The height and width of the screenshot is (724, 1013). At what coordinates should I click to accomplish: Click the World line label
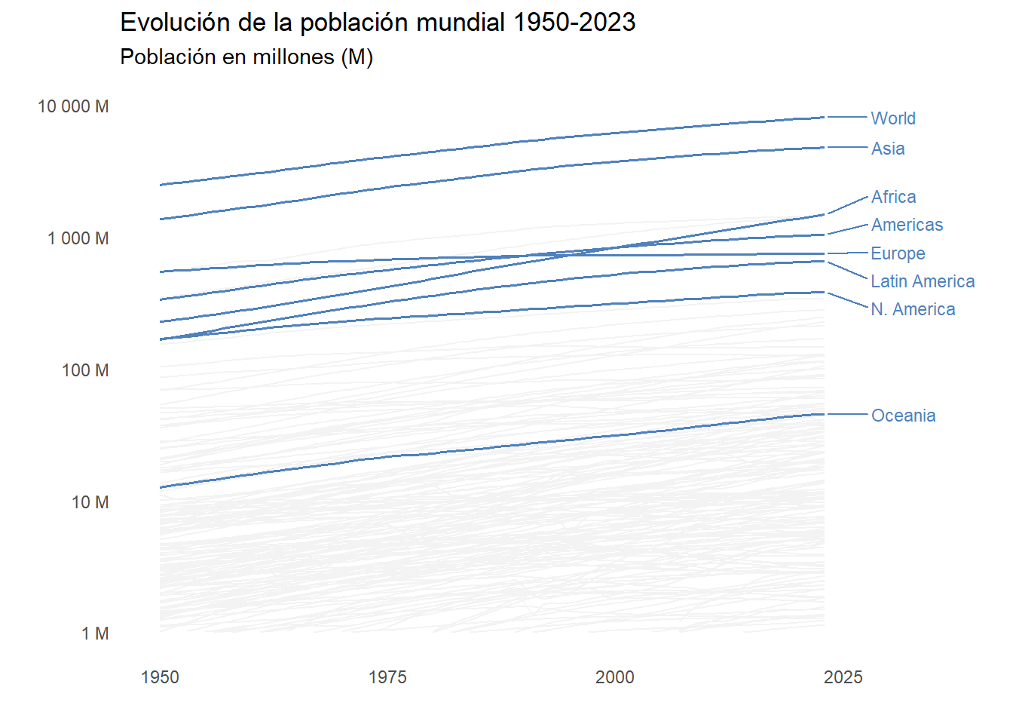tap(893, 118)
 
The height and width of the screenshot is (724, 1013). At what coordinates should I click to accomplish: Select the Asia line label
tap(888, 149)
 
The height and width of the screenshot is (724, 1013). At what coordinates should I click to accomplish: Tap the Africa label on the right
tap(894, 197)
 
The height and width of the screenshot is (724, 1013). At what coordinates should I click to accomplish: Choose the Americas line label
tap(907, 225)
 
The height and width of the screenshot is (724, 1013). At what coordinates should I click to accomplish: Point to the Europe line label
tap(898, 253)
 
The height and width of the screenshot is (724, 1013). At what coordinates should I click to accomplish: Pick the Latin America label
tap(923, 281)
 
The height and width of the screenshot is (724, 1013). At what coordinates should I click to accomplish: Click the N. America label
tap(913, 309)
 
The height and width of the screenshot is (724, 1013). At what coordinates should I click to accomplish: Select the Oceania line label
tap(903, 416)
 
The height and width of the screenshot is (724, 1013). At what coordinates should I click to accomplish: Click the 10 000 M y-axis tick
tap(73, 106)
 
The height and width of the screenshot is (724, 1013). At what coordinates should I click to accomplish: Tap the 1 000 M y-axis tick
tap(78, 238)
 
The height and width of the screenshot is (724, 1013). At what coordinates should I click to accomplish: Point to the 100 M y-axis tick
tap(85, 370)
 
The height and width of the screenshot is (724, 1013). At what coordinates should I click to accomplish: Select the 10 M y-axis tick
tap(90, 502)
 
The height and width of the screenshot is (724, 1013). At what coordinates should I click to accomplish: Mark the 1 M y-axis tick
tap(95, 633)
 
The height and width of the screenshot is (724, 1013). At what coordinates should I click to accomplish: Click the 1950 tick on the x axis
tap(160, 677)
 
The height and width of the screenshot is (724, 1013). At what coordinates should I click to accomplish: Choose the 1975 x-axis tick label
tap(387, 677)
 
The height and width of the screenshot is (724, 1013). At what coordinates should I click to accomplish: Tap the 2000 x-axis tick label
tap(615, 677)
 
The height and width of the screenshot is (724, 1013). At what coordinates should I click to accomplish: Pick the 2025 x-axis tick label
tap(843, 677)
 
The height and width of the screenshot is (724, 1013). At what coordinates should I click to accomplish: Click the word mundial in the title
tap(461, 23)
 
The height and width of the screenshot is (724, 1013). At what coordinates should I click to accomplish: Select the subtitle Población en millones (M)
tap(246, 57)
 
